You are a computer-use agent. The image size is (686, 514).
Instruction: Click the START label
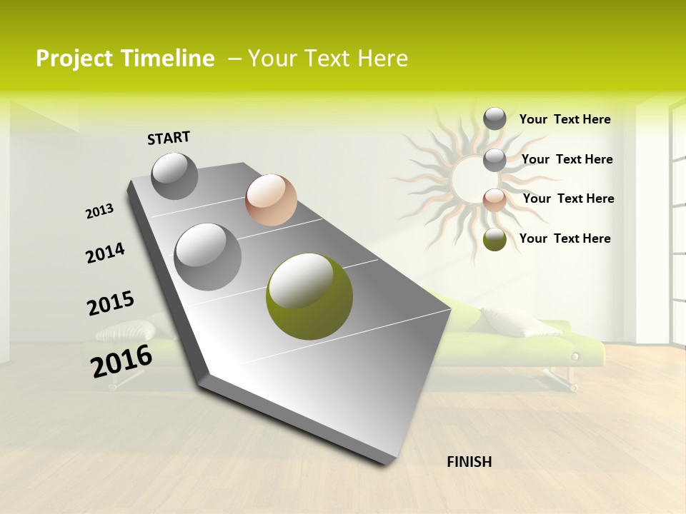(x=169, y=138)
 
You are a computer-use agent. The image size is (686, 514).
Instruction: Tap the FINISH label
(x=469, y=462)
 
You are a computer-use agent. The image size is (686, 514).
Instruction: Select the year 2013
(x=100, y=211)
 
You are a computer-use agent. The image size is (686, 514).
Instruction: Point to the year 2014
(x=105, y=253)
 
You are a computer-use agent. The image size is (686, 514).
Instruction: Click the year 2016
(x=121, y=361)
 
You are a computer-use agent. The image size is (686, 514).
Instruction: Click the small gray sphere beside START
(x=175, y=176)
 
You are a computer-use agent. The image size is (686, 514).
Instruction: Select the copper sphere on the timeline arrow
(x=271, y=200)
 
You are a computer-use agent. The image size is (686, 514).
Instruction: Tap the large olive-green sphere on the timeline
(x=309, y=296)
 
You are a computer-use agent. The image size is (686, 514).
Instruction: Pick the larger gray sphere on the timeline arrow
(x=208, y=256)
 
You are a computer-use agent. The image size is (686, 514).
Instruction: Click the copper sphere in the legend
(x=494, y=199)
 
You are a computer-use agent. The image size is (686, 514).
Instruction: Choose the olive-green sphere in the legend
(x=494, y=239)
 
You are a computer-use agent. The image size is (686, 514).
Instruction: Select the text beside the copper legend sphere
(x=568, y=198)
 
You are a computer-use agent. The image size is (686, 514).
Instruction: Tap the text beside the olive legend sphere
(x=565, y=238)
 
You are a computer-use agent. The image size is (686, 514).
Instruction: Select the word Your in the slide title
(x=271, y=59)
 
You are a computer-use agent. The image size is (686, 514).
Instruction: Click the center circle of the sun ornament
(x=469, y=174)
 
